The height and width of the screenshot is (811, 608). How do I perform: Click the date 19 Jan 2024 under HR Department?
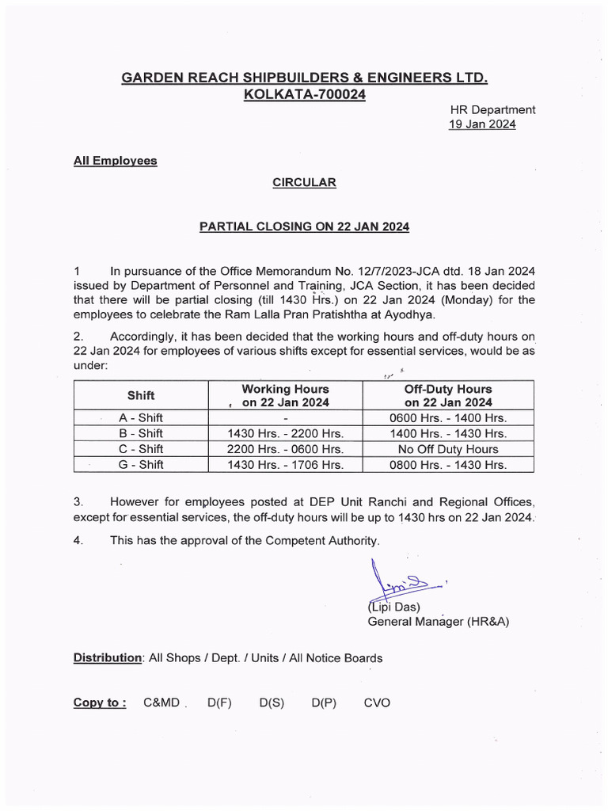482,124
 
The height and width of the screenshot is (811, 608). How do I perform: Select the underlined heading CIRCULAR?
304,183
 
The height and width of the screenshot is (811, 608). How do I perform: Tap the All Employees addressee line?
115,161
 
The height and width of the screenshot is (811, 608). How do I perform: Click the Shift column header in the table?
141,395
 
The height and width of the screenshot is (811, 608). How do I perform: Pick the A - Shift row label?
141,417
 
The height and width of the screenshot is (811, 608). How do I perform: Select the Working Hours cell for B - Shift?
285,433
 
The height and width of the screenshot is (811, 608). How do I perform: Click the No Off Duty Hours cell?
448,449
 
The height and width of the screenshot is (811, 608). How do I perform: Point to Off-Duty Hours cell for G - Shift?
448,465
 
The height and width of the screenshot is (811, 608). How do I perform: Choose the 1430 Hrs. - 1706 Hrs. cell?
285,465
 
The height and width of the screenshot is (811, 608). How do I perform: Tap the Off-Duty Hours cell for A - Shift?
448,417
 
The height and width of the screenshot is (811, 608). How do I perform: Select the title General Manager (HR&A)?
438,622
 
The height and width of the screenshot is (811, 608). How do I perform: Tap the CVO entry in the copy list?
377,702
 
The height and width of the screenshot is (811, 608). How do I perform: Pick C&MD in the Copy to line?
161,702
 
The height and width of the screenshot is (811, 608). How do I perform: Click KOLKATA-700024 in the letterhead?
304,95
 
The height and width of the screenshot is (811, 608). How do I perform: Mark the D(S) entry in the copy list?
271,702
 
